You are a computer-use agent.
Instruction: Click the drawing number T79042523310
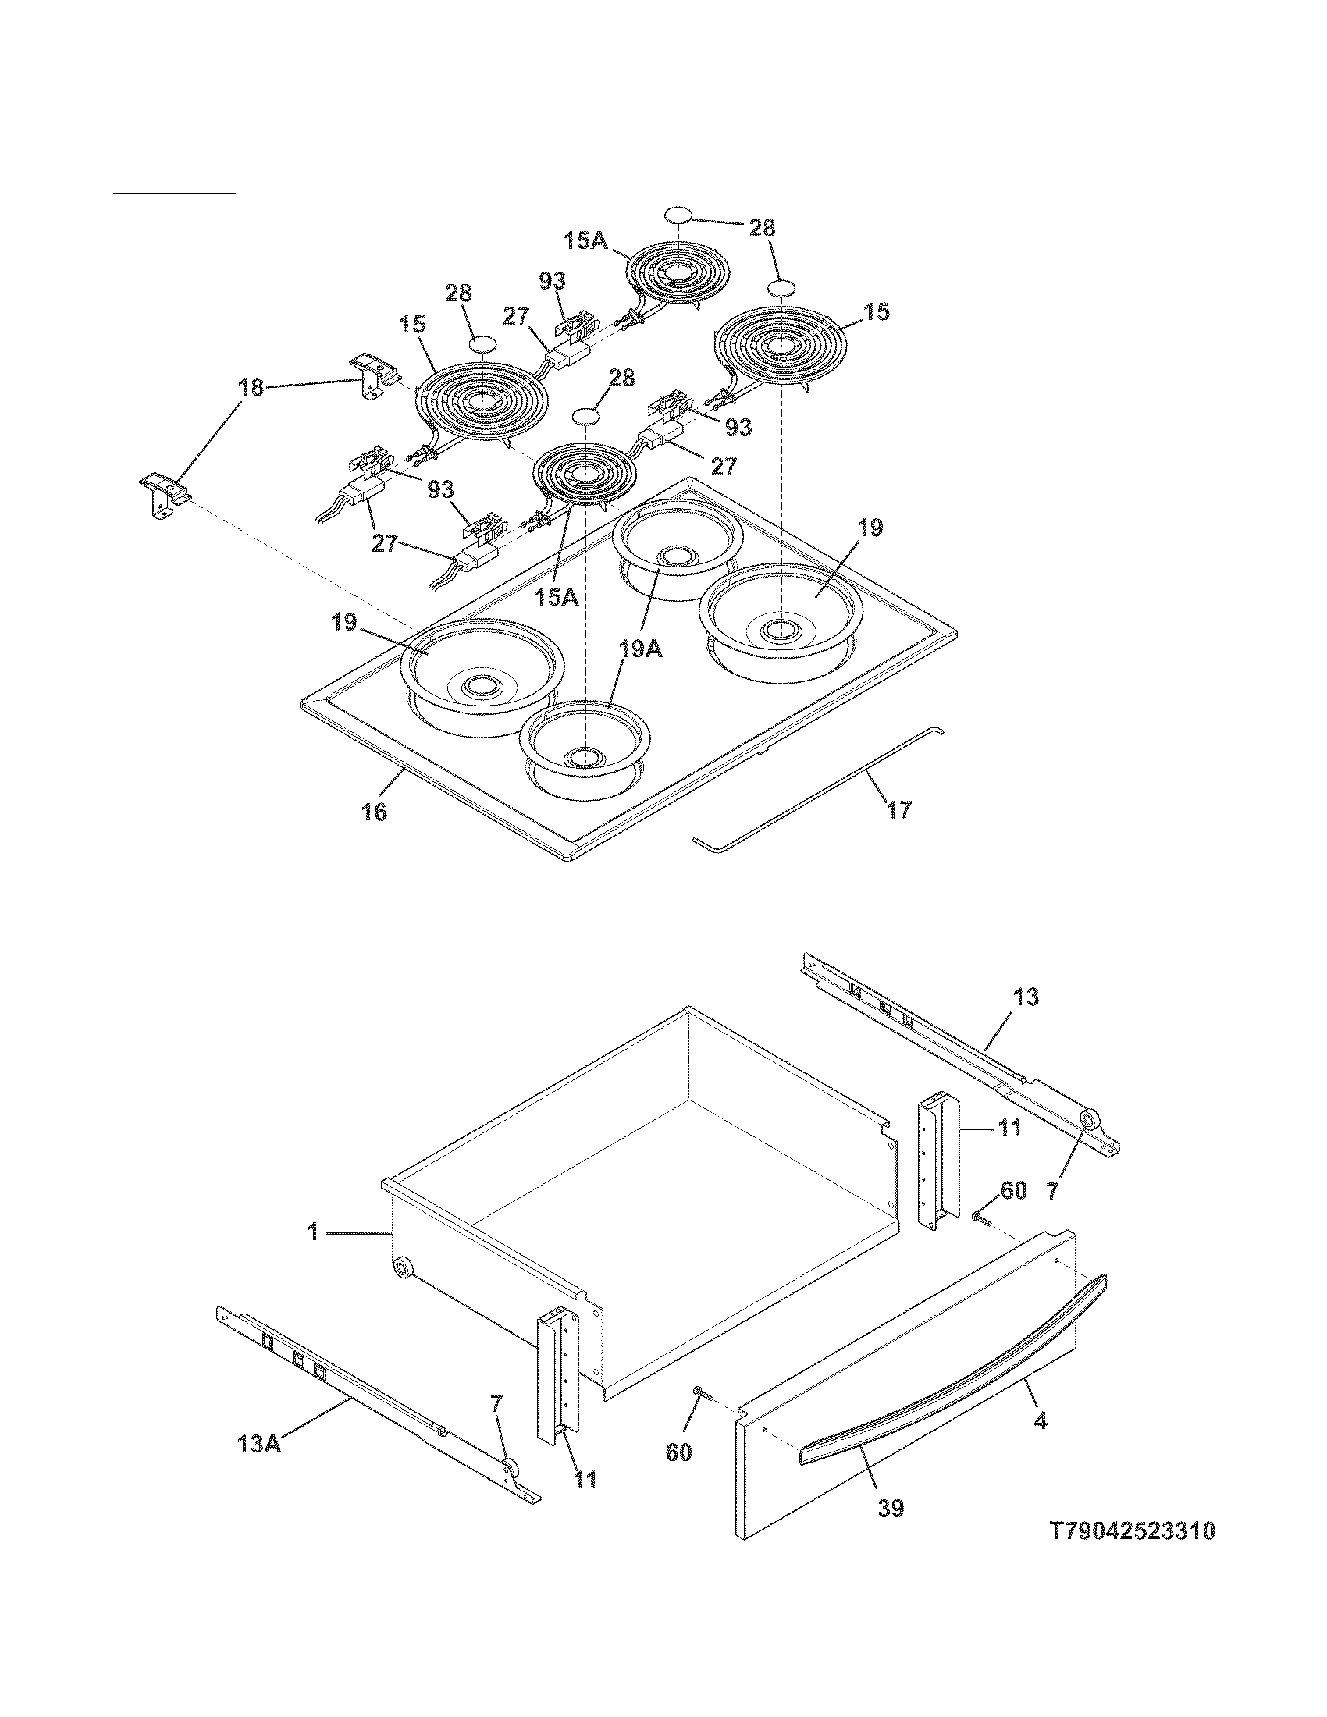(1133, 1531)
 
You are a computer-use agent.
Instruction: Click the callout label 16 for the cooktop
(375, 811)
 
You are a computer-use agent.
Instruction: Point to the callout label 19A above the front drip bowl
(641, 649)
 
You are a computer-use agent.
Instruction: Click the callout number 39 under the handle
(891, 1508)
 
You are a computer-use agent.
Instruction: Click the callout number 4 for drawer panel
(1040, 1420)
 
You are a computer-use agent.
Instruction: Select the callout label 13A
(258, 1466)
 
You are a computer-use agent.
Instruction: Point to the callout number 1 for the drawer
(313, 1232)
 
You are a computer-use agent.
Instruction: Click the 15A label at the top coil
(585, 240)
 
